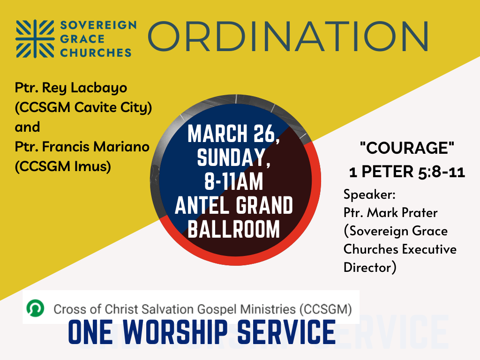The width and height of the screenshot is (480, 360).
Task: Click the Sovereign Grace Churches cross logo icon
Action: click(x=35, y=38)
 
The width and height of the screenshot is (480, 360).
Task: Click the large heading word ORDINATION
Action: click(x=288, y=37)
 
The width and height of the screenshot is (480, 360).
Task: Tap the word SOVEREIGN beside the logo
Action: click(x=98, y=25)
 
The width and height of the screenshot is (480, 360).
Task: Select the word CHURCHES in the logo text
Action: click(x=96, y=52)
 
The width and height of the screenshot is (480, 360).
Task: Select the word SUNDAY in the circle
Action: click(x=231, y=157)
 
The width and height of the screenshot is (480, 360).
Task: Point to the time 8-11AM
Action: click(x=233, y=181)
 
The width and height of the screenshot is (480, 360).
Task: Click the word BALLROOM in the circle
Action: click(x=233, y=229)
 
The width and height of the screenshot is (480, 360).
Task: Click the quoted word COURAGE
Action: click(x=407, y=148)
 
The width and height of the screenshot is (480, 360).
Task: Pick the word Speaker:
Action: click(x=369, y=195)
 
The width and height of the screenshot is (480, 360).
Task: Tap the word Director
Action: click(x=367, y=267)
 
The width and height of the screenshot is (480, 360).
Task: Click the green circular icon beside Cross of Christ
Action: click(x=35, y=308)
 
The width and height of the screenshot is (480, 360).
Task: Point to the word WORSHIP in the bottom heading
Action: click(x=175, y=332)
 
